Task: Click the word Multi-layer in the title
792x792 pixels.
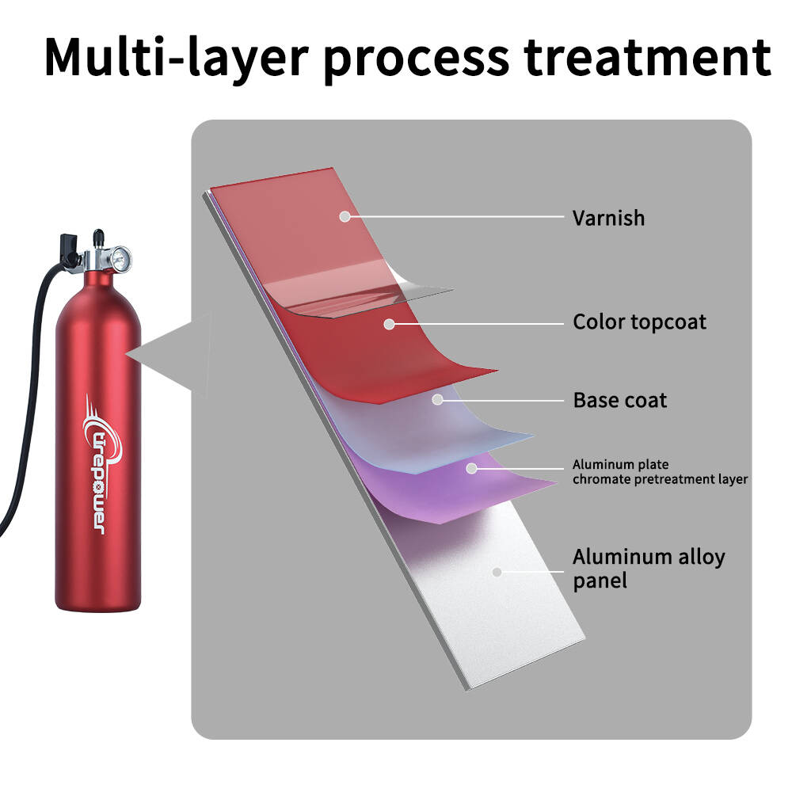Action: [x=177, y=56]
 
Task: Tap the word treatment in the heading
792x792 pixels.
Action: [x=647, y=56]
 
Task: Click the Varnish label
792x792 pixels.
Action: [x=608, y=219]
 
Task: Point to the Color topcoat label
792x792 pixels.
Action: [x=639, y=322]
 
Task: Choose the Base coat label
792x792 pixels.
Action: [x=620, y=400]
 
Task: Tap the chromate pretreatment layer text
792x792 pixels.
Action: [x=661, y=479]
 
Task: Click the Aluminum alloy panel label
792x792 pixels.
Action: [x=649, y=569]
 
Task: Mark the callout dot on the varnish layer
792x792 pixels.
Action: [x=345, y=217]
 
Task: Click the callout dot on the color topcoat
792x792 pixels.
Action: [x=389, y=324]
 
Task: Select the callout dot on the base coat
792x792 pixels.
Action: [x=437, y=400]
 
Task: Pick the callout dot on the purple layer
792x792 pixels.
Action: [x=471, y=468]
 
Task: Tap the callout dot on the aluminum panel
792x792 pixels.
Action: [x=497, y=573]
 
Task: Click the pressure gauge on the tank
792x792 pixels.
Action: [x=120, y=259]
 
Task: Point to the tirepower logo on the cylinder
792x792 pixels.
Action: [x=102, y=465]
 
